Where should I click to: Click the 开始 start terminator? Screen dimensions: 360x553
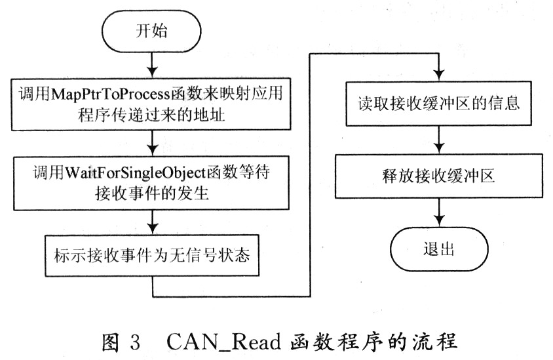coord(151,31)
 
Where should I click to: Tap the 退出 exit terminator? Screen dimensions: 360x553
coord(438,250)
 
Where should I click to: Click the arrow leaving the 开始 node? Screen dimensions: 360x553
coord(151,62)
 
